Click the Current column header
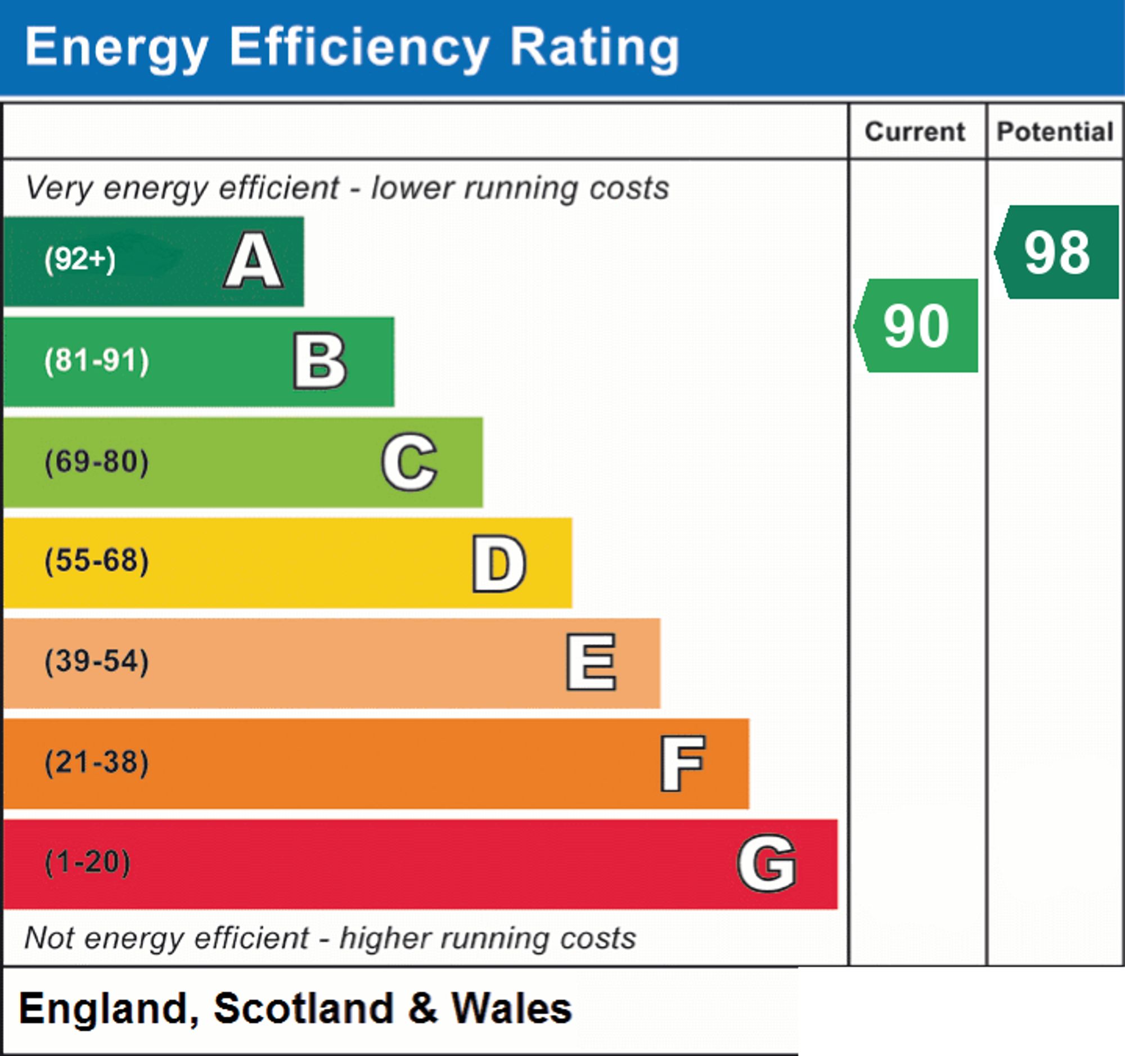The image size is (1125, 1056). (915, 132)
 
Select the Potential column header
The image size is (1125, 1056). (1055, 132)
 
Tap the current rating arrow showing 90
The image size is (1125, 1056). (916, 325)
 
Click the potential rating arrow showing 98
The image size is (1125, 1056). (1056, 252)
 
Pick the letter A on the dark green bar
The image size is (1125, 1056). (254, 260)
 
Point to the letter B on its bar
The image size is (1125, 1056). (319, 361)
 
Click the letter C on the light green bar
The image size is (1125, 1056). (409, 462)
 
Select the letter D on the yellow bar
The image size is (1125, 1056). (499, 563)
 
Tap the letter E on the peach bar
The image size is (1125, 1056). (591, 662)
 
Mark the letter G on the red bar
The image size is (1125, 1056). (767, 863)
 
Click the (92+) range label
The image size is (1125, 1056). (80, 259)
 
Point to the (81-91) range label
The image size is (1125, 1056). (97, 360)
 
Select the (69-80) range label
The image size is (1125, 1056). (97, 461)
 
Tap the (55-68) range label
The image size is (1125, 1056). (97, 561)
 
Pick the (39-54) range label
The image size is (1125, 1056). (97, 661)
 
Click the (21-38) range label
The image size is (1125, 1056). (97, 762)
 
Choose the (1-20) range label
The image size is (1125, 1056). (87, 862)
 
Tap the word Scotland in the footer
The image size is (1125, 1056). (303, 1009)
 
